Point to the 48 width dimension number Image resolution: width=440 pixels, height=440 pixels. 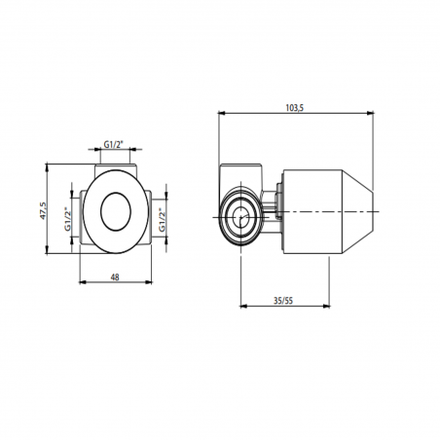click(115, 276)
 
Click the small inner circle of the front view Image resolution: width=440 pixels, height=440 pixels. click(116, 209)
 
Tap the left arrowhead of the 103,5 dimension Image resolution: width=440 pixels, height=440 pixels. click(221, 114)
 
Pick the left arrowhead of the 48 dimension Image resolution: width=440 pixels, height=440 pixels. click(80, 284)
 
